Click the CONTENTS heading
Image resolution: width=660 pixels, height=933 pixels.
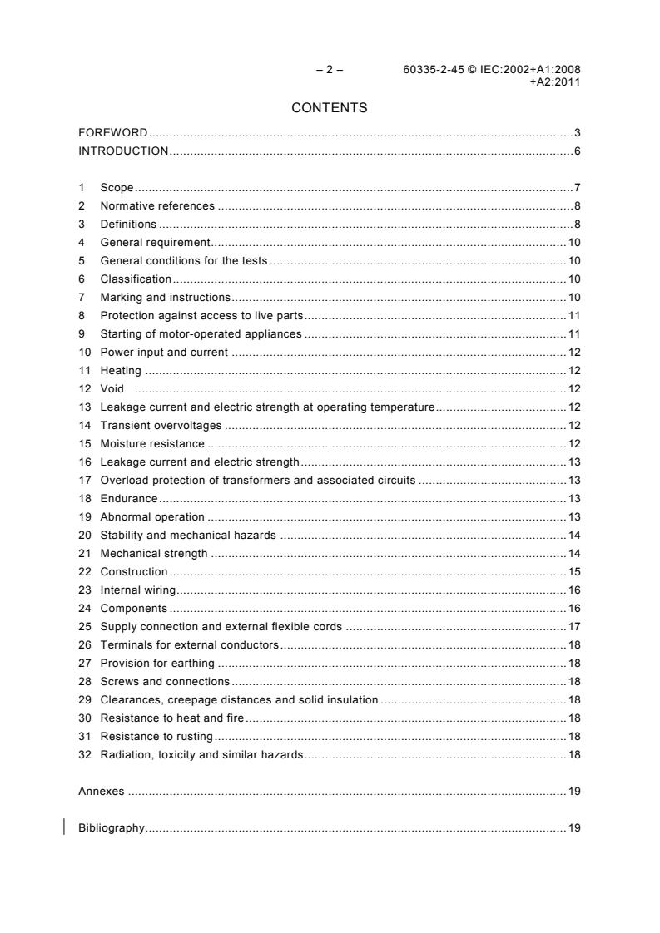pos(330,107)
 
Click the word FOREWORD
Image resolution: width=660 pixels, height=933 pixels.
pos(112,133)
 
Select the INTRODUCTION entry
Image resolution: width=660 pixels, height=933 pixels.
pos(123,151)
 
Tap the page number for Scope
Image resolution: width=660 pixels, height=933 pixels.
pos(577,188)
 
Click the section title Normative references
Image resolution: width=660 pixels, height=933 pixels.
pos(157,206)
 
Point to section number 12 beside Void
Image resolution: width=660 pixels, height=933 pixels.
pos(83,388)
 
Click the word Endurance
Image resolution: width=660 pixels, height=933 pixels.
pos(129,498)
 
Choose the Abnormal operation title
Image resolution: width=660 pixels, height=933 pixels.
pos(141,516)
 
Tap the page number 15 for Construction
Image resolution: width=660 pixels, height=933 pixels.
pos(574,571)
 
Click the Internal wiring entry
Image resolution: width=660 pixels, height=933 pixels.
pos(137,590)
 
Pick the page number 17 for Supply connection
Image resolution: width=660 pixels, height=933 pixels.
pos(574,626)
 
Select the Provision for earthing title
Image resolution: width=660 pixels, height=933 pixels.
pos(157,663)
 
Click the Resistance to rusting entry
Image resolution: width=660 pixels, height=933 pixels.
pos(156,736)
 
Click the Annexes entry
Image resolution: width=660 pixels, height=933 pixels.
pos(101,791)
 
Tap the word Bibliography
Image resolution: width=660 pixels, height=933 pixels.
pos(112,828)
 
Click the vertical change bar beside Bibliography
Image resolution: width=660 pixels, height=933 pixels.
pos(64,827)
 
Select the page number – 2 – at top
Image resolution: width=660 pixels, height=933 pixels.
pos(330,70)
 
